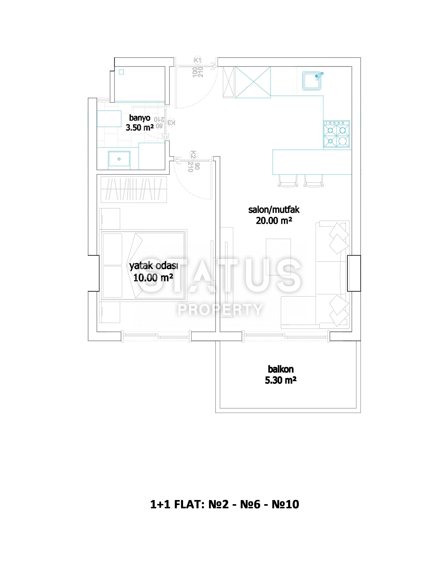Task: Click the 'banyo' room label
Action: (140, 118)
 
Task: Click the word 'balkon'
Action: (281, 369)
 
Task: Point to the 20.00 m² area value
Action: (274, 221)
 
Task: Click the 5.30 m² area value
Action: (281, 380)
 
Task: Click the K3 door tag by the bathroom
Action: (171, 122)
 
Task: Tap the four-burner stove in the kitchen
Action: (336, 134)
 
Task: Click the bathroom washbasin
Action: (119, 159)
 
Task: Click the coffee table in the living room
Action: (278, 257)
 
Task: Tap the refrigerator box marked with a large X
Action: (253, 82)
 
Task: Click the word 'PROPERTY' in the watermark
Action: (220, 310)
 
